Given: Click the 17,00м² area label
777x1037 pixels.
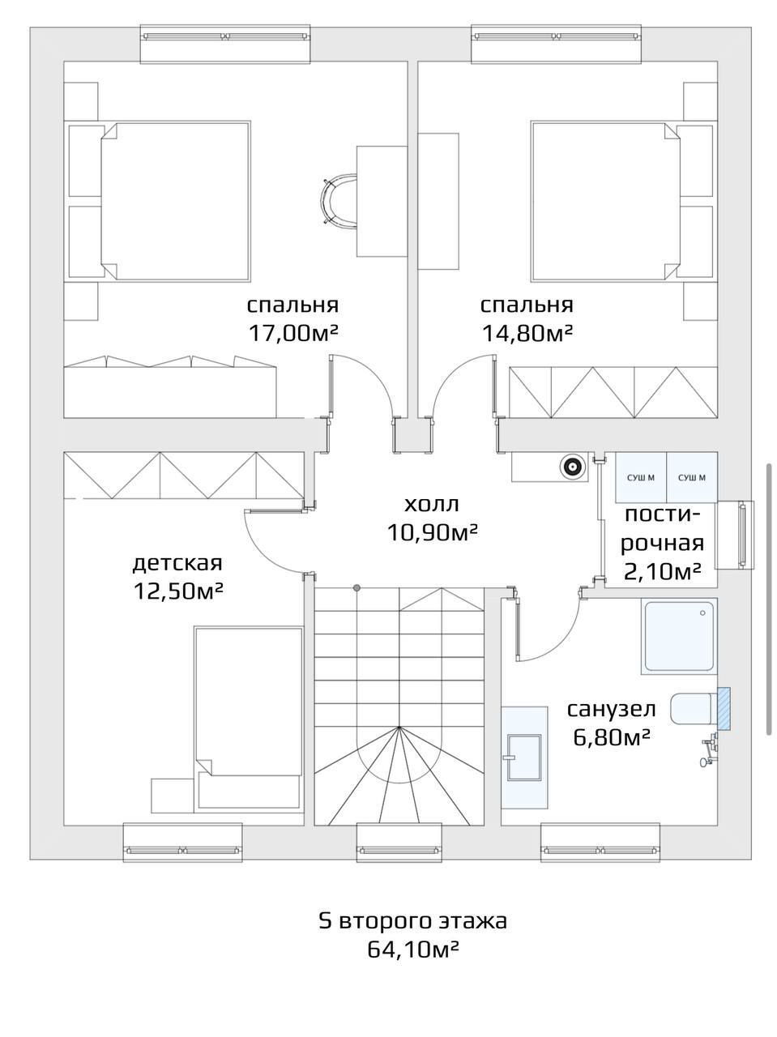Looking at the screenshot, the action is click(x=293, y=333).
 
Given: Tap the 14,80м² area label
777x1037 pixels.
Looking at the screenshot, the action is click(x=527, y=333).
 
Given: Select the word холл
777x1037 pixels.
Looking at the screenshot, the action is click(x=432, y=504).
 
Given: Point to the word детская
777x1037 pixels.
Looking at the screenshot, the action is click(x=177, y=563).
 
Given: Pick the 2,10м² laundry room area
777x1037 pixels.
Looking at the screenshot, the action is click(x=661, y=572).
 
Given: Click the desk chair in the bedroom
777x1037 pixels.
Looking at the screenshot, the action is click(x=338, y=200).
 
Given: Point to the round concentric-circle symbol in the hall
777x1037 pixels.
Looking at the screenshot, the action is click(x=573, y=467).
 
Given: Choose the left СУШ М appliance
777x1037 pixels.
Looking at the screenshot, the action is click(x=641, y=478).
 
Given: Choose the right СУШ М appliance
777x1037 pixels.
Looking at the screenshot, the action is click(x=692, y=478).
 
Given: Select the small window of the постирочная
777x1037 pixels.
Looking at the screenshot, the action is click(x=735, y=535).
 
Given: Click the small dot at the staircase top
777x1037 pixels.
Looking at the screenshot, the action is click(x=356, y=587).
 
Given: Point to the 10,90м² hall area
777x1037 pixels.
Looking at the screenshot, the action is click(x=432, y=533).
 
